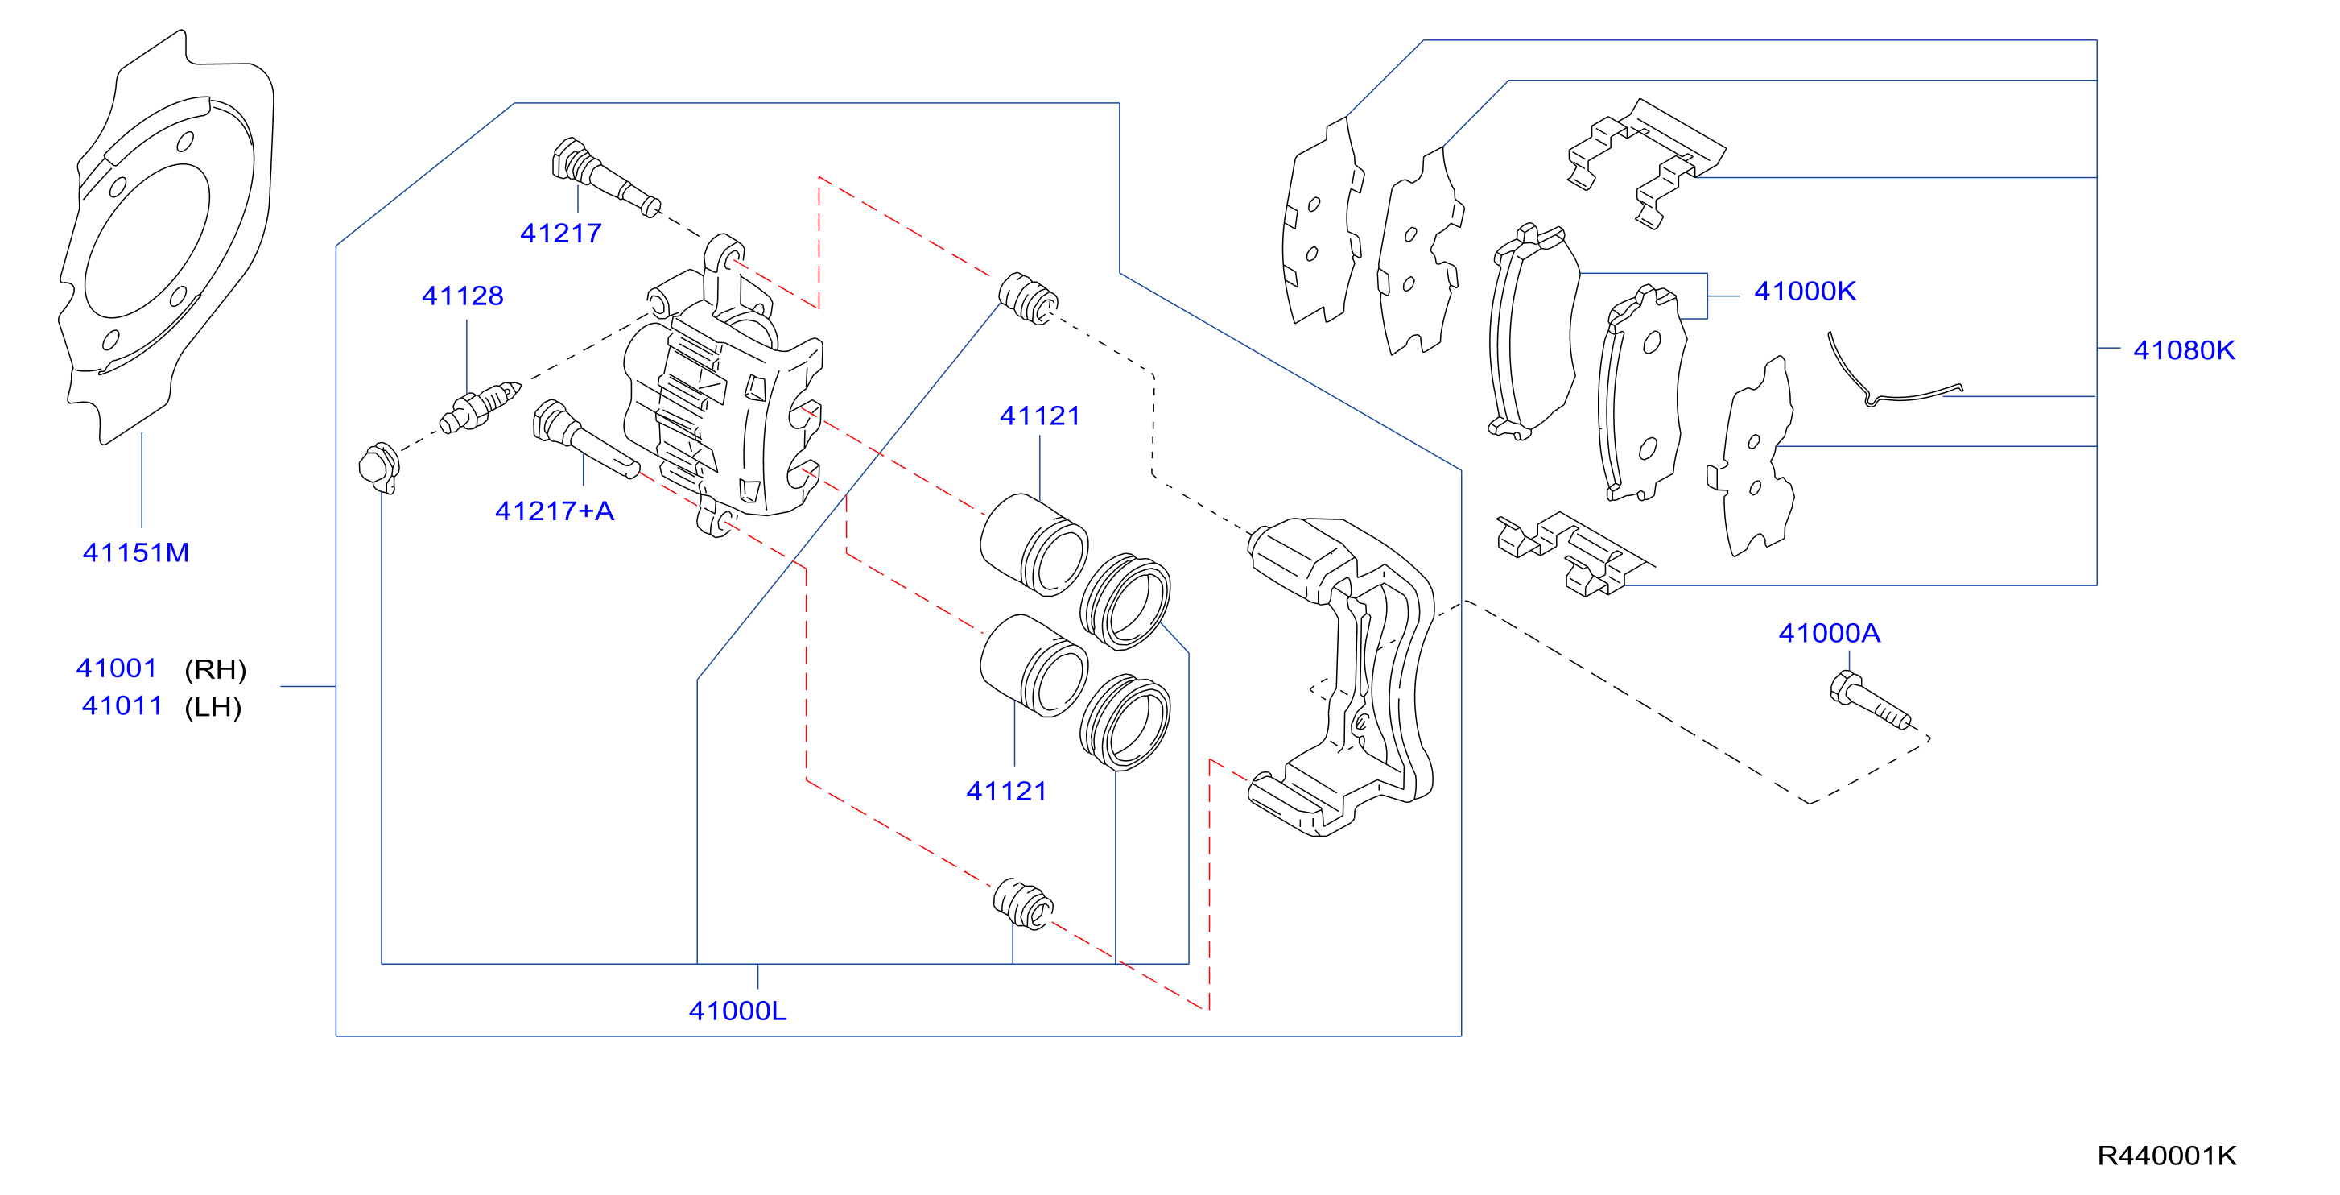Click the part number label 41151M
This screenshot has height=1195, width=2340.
[136, 552]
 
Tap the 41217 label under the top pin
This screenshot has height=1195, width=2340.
[560, 234]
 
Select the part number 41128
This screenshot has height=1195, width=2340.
[462, 296]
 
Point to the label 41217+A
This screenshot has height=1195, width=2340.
[554, 511]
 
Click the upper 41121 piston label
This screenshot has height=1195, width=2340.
[1040, 416]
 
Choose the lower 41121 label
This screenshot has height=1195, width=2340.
[1006, 792]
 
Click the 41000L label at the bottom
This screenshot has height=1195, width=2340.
[737, 1011]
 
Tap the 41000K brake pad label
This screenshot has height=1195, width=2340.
[1805, 291]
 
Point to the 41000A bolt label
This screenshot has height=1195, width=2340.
[1830, 634]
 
